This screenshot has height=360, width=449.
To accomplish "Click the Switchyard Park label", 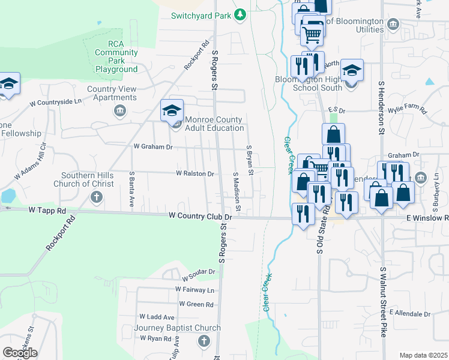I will (x=200, y=15).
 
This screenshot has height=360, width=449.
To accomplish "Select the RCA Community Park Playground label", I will (x=116, y=56).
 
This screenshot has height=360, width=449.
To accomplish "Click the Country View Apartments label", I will (x=112, y=94).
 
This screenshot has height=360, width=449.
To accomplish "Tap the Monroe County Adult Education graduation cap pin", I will (x=172, y=110).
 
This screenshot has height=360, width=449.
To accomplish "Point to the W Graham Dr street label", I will (x=152, y=146).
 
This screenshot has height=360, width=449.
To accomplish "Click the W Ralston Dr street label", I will (x=194, y=173).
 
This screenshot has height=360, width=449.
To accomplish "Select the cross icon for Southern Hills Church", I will (x=95, y=197).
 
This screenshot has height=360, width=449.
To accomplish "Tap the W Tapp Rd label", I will (x=47, y=211).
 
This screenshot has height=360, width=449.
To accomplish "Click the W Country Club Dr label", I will (x=200, y=215).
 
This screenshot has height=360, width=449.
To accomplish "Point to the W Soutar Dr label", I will (x=199, y=272).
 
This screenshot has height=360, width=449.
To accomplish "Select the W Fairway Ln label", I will (x=194, y=290).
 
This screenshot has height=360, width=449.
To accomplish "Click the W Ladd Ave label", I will (x=157, y=317).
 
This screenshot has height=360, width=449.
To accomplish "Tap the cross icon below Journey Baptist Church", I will (x=203, y=341).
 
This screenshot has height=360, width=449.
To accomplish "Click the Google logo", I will (x=20, y=353).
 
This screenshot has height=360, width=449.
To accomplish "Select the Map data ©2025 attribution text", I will (x=423, y=355).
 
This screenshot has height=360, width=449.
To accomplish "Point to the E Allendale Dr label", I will (x=410, y=314).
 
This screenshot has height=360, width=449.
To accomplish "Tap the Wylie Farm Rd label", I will (x=406, y=111).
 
